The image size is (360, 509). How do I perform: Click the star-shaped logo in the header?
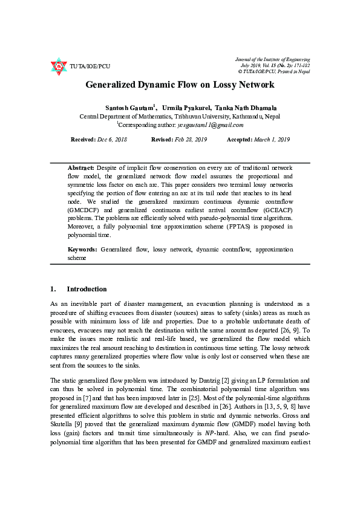click(x=58, y=66)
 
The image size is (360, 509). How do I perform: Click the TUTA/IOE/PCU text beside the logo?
click(x=90, y=66)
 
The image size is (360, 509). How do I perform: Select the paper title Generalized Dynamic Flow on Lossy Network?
click(x=180, y=85)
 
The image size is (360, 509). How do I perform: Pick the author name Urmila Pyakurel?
click(x=184, y=106)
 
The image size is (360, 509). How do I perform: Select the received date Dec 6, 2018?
click(x=112, y=140)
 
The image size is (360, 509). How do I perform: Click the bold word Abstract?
click(x=80, y=167)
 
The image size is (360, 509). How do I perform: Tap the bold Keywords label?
click(x=82, y=249)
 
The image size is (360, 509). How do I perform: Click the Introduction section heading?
click(x=87, y=289)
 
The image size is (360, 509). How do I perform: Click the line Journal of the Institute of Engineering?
click(x=272, y=59)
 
